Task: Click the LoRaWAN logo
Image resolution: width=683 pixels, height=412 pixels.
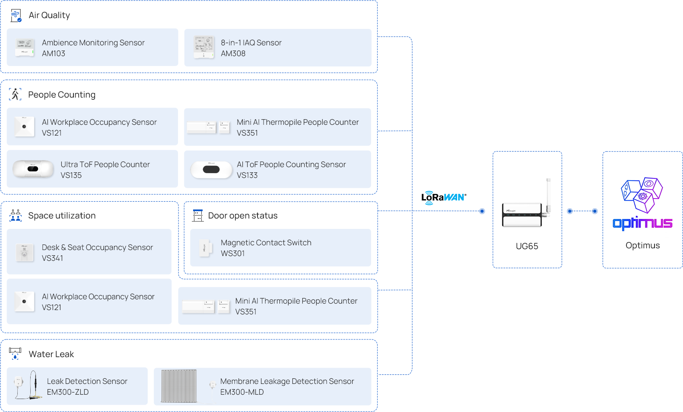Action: (444, 197)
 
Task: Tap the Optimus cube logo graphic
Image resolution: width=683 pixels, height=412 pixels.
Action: (642, 194)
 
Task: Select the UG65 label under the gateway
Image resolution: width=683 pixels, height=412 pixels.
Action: (527, 246)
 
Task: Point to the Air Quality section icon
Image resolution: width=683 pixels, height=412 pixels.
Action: (16, 16)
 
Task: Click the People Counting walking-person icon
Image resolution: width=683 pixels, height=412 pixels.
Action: (16, 94)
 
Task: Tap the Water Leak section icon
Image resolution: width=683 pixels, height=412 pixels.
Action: (15, 354)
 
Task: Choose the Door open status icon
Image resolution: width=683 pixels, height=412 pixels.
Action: (198, 215)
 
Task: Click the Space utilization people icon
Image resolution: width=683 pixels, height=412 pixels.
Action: (16, 215)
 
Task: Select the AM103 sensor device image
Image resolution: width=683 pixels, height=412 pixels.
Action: (25, 47)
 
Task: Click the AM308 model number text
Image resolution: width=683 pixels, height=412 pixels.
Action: (233, 54)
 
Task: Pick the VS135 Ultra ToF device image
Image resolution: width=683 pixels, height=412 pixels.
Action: (33, 169)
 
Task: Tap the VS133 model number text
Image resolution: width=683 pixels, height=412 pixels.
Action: (247, 175)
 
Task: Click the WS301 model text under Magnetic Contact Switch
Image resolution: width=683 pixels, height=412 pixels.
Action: (233, 254)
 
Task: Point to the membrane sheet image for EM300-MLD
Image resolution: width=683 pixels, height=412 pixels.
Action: (179, 386)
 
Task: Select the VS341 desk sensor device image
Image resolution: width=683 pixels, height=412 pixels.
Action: (25, 253)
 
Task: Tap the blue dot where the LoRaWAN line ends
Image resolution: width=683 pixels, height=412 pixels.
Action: (482, 211)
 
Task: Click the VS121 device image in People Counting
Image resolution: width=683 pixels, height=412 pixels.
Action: (25, 127)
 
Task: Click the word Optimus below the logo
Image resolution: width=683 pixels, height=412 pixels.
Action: (642, 245)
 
